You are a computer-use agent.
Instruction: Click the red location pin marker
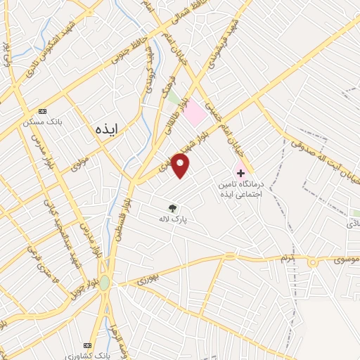pyautogui.click(x=181, y=166)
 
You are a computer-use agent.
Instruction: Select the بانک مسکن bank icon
pyautogui.click(x=42, y=111)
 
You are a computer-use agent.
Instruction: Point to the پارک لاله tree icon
pyautogui.click(x=172, y=207)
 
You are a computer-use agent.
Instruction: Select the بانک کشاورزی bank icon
pyautogui.click(x=87, y=345)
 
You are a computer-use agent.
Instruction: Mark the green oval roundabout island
pyautogui.click(x=105, y=283)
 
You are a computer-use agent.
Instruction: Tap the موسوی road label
pyautogui.click(x=344, y=260)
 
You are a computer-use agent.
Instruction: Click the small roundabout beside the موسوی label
pyautogui.click(x=313, y=262)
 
